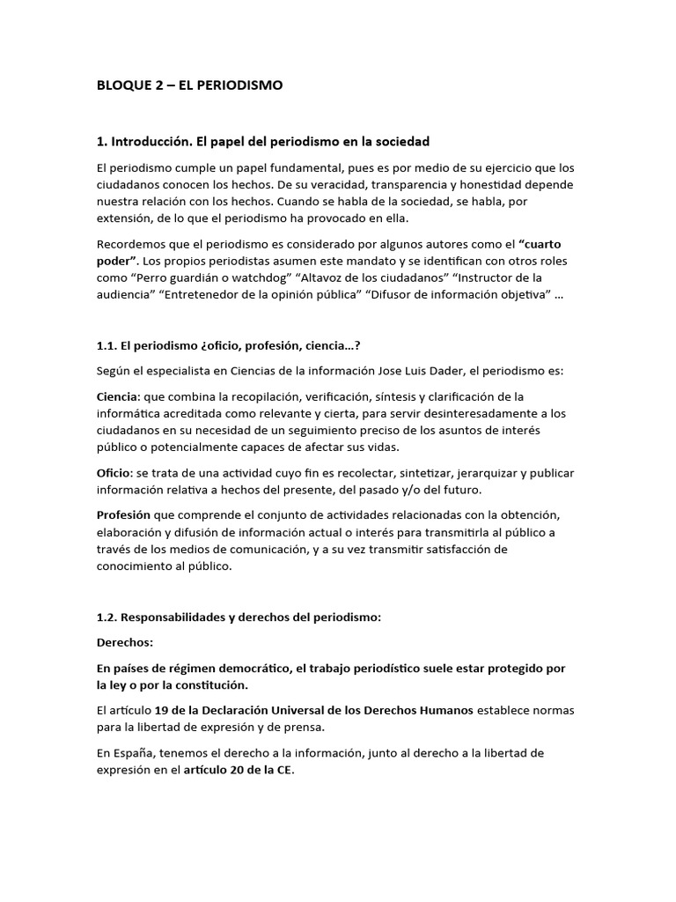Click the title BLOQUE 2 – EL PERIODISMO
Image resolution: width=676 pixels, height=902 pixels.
click(x=188, y=85)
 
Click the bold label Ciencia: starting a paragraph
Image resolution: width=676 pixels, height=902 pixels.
click(x=120, y=396)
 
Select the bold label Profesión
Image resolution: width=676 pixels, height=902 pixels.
click(x=123, y=514)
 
